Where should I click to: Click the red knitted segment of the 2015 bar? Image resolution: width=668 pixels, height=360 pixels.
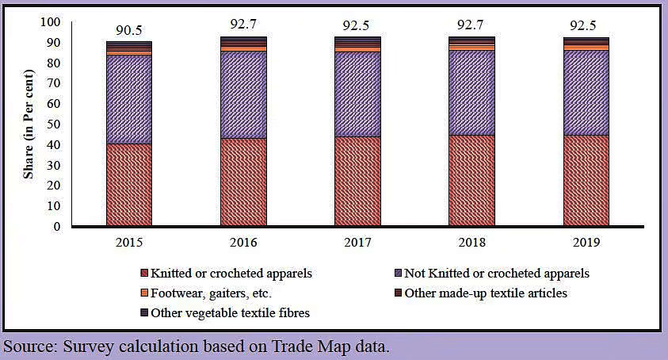point(129,185)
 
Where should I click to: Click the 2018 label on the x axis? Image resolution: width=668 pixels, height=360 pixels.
point(471,241)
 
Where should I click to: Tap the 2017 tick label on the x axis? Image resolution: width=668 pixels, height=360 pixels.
point(357,241)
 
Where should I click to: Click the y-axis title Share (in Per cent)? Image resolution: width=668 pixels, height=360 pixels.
point(28,124)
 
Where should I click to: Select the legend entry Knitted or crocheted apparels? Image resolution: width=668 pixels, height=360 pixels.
point(226,274)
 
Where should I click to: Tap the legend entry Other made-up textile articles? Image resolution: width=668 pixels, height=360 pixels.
point(486,293)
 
